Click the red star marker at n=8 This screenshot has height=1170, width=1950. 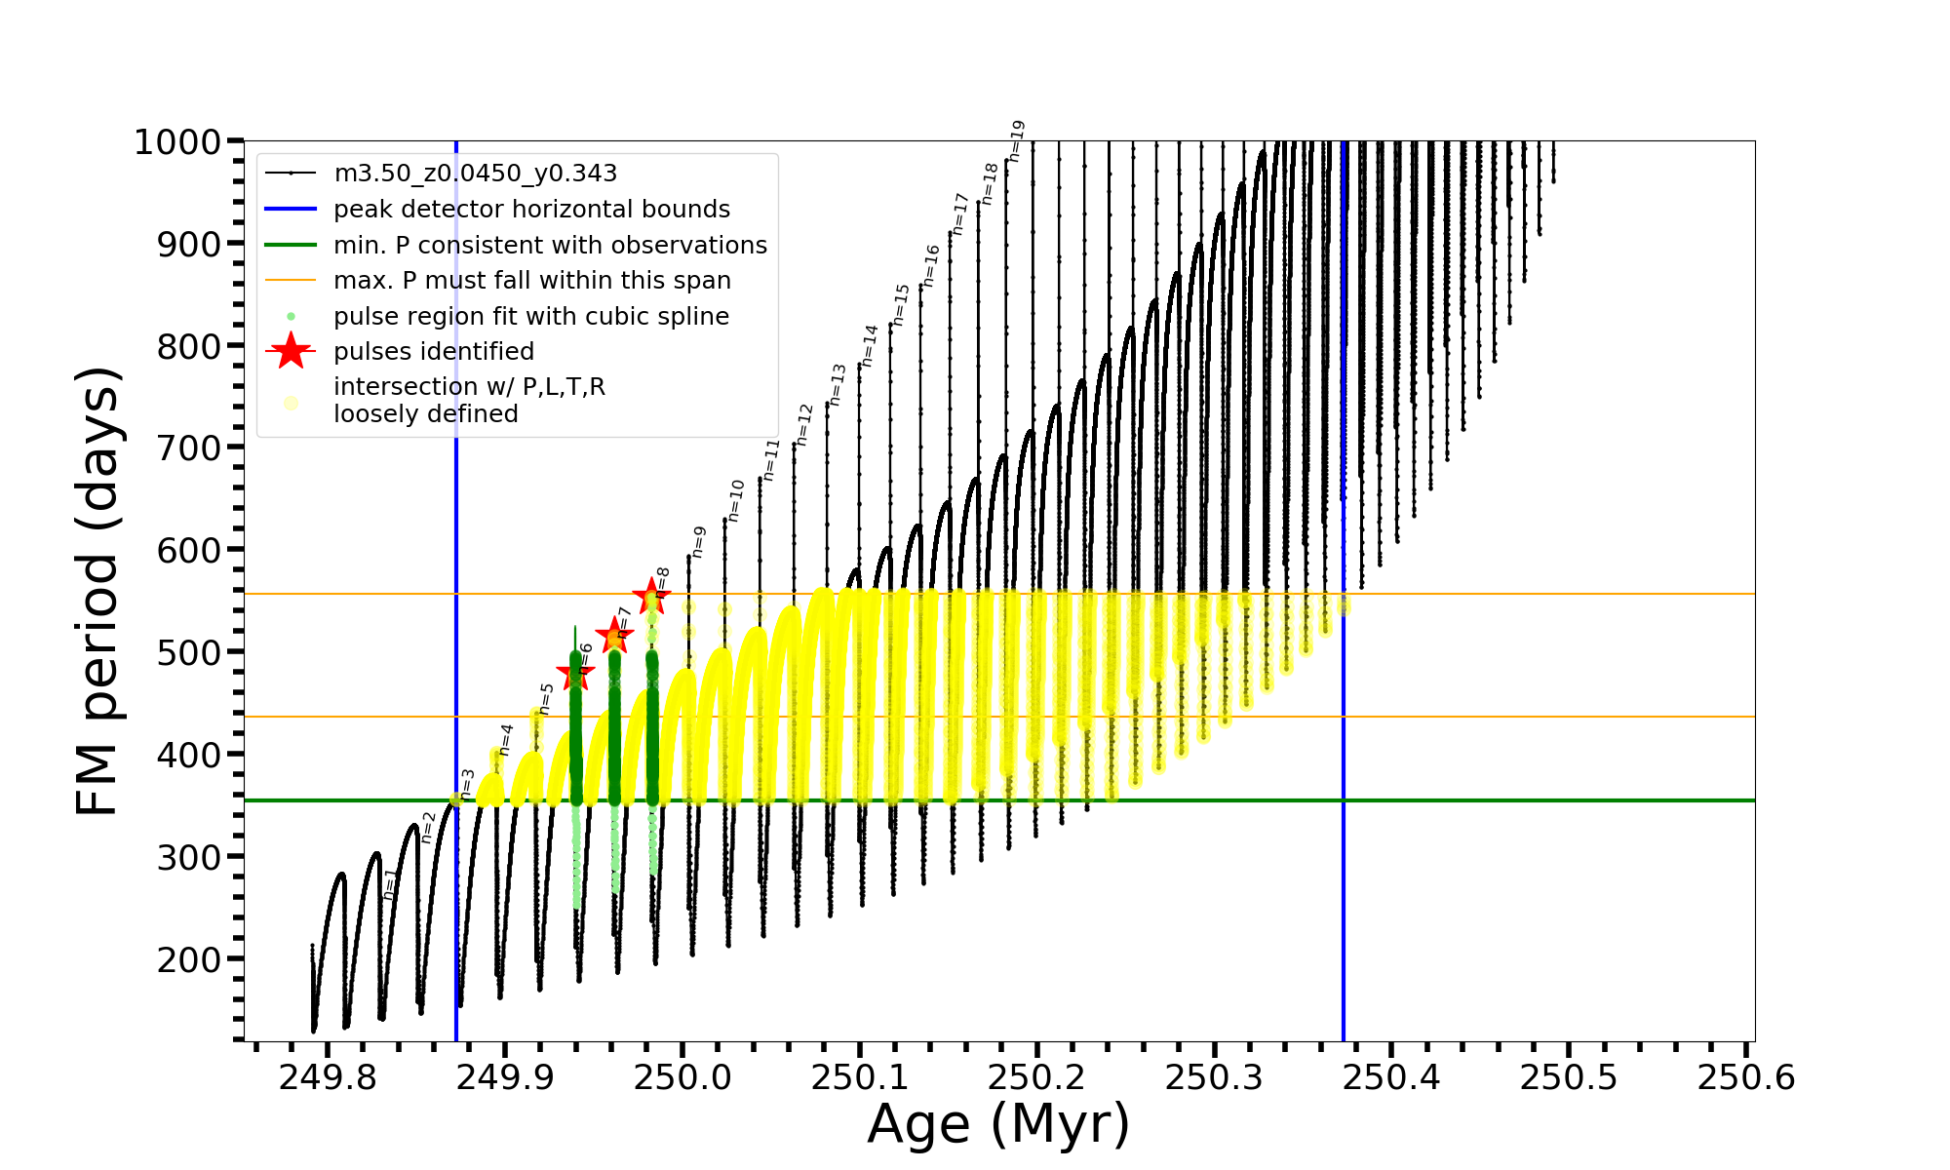[x=651, y=596]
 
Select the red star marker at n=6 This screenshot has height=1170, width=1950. [x=575, y=673]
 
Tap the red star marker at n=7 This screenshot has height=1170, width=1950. [x=614, y=635]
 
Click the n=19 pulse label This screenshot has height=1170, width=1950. [x=1017, y=140]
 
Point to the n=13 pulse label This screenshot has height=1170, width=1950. [x=838, y=384]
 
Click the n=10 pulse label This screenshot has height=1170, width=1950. [x=736, y=500]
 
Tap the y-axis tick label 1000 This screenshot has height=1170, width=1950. [x=177, y=142]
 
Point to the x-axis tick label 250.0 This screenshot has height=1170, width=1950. [x=682, y=1077]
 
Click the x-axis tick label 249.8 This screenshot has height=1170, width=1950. [x=328, y=1077]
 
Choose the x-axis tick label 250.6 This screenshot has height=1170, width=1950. [x=1746, y=1077]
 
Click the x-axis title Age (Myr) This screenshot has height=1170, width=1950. [x=998, y=1124]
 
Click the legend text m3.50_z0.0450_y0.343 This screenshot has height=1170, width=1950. [x=475, y=174]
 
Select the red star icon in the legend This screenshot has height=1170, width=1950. [x=291, y=351]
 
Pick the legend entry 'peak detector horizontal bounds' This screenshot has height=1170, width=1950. [x=531, y=210]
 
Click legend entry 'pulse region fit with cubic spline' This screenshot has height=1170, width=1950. [x=530, y=317]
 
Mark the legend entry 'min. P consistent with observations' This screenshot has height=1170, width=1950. [x=550, y=246]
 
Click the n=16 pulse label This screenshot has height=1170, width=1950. [x=931, y=265]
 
